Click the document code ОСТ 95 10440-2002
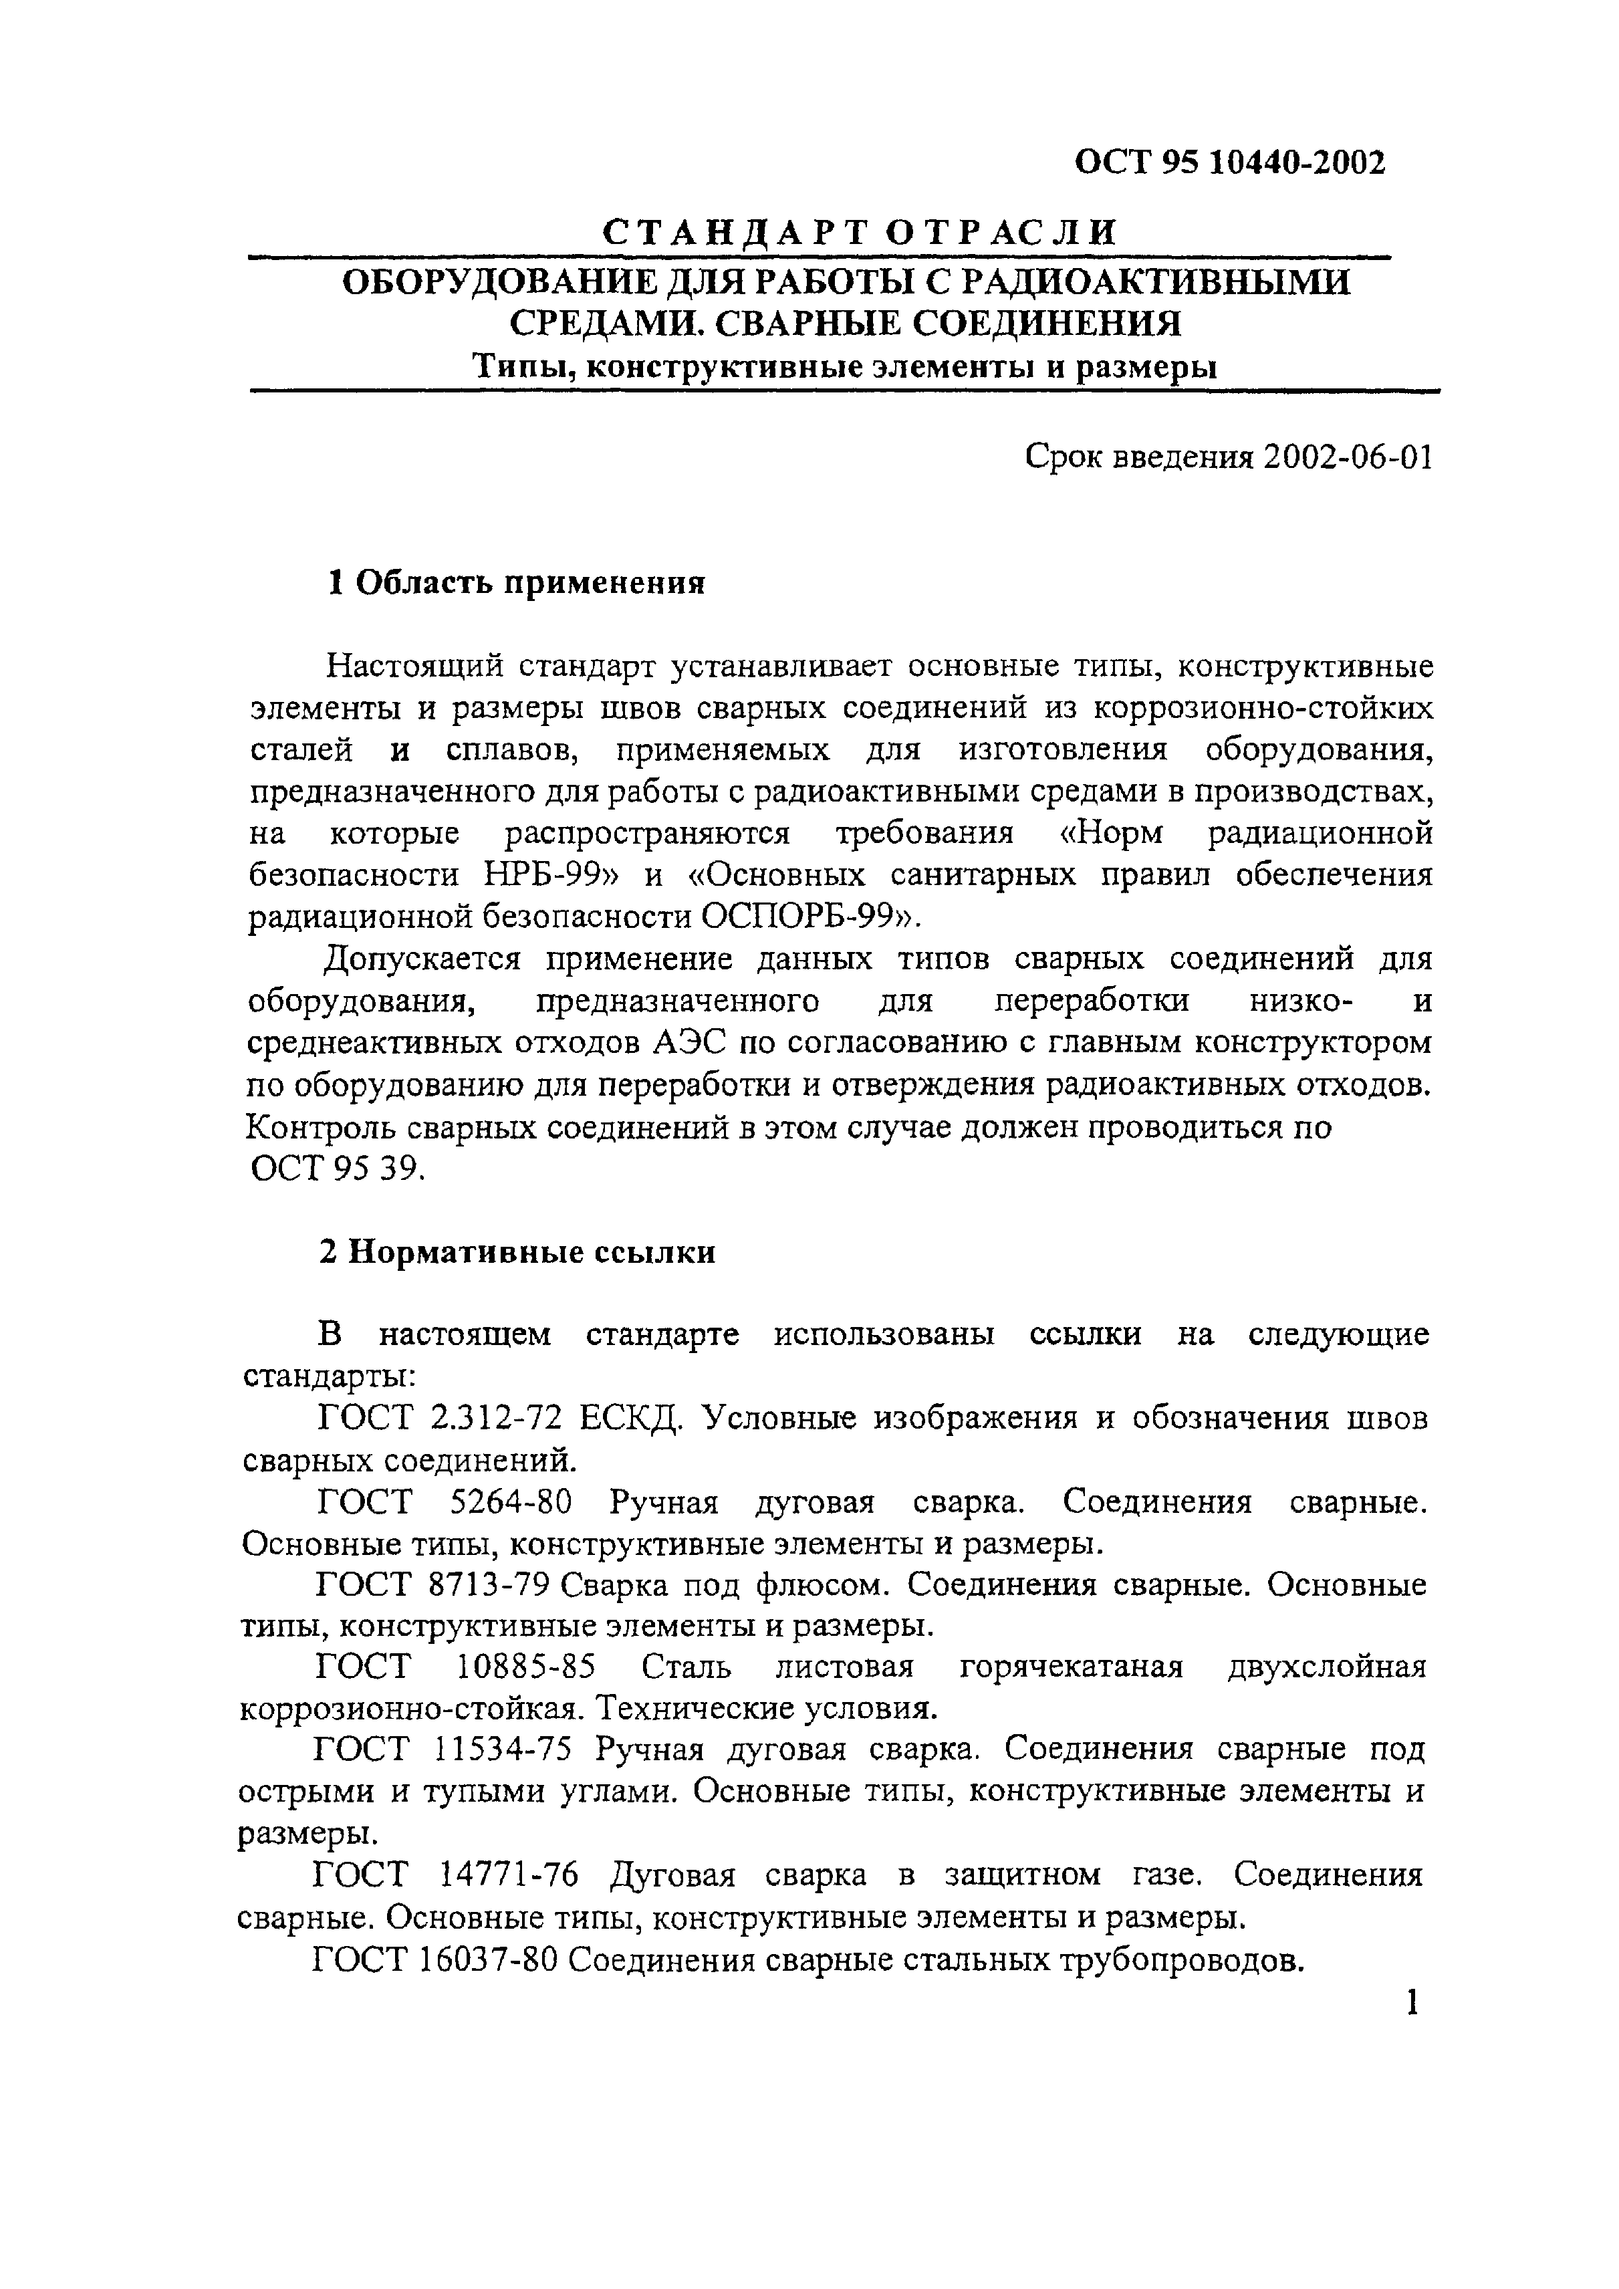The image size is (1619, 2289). tap(1229, 162)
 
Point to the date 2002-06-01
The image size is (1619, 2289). tap(1346, 458)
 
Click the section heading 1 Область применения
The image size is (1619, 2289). tap(517, 582)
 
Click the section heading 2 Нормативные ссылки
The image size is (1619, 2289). tap(517, 1252)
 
